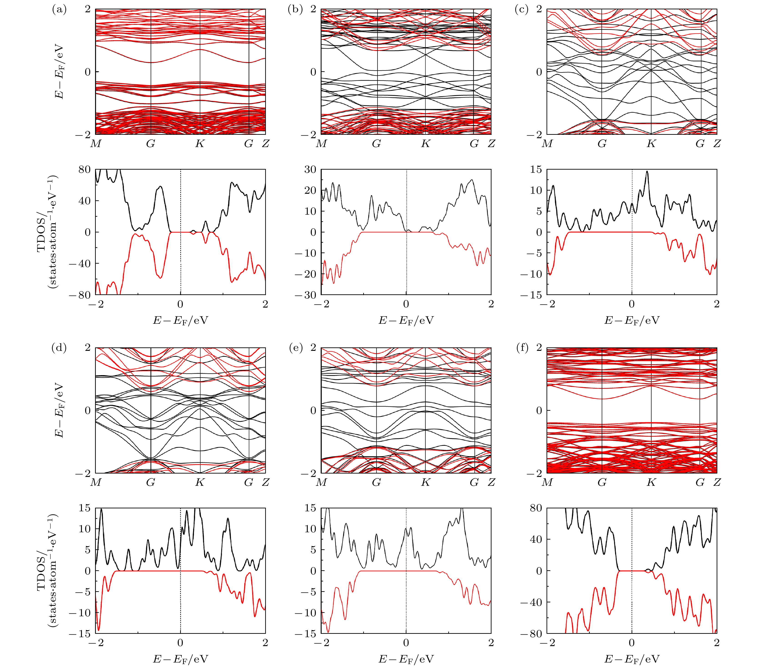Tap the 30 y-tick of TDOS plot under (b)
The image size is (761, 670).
click(310, 170)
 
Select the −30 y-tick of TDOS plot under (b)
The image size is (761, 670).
click(305, 295)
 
